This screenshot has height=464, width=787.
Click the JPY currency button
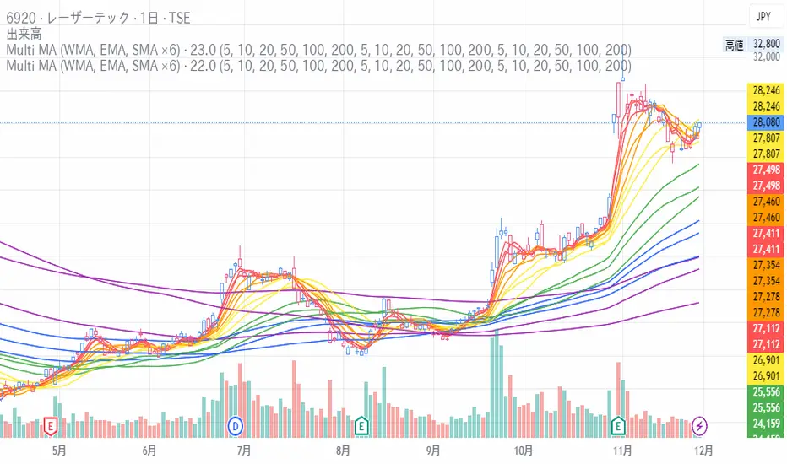pyautogui.click(x=763, y=16)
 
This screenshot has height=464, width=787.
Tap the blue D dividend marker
pyautogui.click(x=236, y=425)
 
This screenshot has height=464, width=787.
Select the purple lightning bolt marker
pyautogui.click(x=701, y=425)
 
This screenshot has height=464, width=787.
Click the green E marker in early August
pyautogui.click(x=363, y=425)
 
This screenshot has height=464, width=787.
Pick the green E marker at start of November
pyautogui.click(x=619, y=425)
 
